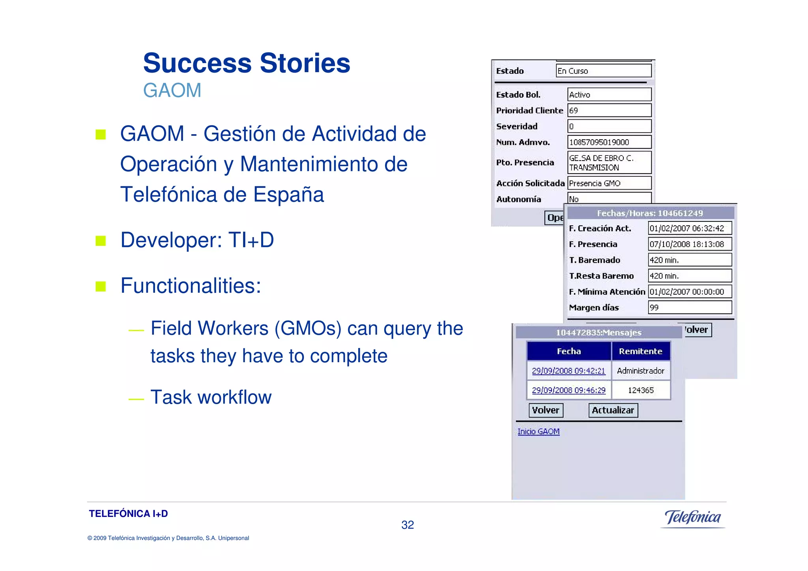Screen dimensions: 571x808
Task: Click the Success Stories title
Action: point(247,63)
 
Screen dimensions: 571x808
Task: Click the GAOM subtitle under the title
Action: point(172,90)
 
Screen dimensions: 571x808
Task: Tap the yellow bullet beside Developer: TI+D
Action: point(101,240)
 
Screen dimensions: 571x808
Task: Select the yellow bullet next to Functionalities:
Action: point(101,286)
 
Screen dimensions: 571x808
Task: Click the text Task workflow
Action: point(211,397)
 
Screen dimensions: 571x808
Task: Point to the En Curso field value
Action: point(603,71)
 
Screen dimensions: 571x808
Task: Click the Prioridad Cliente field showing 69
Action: point(609,110)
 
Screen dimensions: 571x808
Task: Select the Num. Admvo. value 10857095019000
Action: point(609,142)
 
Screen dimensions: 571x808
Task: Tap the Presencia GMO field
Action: point(609,183)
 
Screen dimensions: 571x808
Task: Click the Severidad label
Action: point(517,127)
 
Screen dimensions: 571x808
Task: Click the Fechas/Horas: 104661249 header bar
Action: point(650,213)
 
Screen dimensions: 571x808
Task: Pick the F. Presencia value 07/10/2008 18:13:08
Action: point(690,244)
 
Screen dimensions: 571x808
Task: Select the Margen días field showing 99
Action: point(690,307)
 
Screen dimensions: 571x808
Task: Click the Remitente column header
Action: point(640,351)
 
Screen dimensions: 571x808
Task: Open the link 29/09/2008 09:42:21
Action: point(568,371)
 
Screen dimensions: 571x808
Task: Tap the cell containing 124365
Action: point(641,390)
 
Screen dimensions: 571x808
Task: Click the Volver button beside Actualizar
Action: point(546,410)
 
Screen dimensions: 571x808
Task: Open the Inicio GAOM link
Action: point(538,432)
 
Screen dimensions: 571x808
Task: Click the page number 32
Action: point(408,525)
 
